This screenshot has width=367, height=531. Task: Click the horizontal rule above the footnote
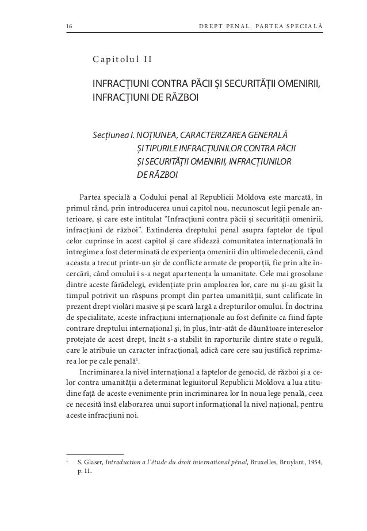(x=95, y=453)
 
